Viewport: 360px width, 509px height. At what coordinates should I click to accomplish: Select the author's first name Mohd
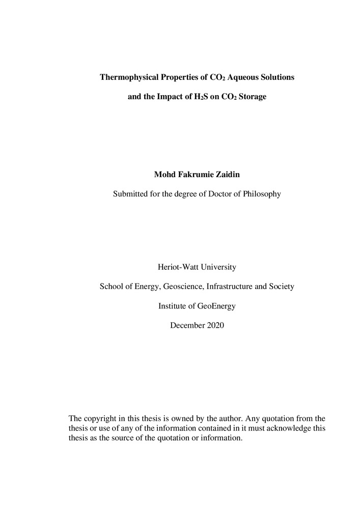tap(164, 175)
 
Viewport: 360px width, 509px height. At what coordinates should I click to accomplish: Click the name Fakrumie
tap(194, 175)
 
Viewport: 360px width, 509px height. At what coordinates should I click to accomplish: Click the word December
tap(187, 325)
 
